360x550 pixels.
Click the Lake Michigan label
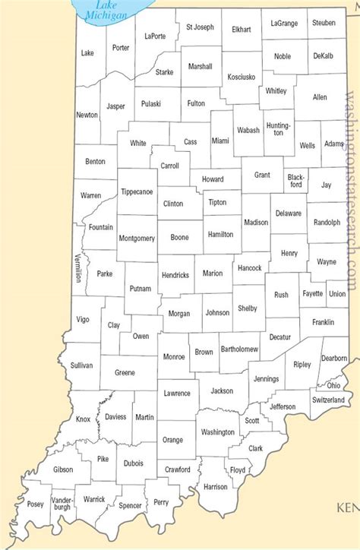tap(101, 10)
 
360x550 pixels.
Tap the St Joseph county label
tap(200, 27)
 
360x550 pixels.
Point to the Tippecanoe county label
tap(137, 192)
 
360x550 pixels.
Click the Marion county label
tap(213, 273)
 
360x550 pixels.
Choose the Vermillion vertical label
tap(77, 268)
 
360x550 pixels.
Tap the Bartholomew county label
tap(239, 349)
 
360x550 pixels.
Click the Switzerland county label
tap(327, 400)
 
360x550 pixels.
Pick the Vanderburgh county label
tap(62, 503)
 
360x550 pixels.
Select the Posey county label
tap(35, 504)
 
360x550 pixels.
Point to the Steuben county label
tap(323, 23)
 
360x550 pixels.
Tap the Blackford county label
tap(295, 180)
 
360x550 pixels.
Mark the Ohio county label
tap(333, 385)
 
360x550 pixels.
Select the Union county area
tap(337, 293)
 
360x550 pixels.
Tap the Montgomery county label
tap(137, 239)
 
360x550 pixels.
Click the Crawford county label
tap(177, 469)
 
